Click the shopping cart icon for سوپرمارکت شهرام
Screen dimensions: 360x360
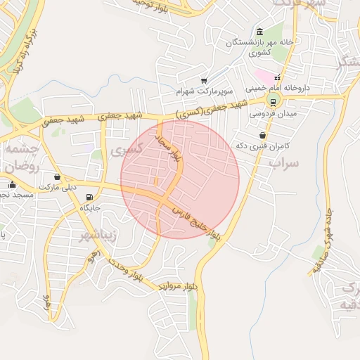204,81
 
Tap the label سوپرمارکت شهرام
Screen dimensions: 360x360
204,91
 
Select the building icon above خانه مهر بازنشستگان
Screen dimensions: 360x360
260,32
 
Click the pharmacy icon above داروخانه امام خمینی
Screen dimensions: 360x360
277,77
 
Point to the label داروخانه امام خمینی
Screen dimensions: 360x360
277,89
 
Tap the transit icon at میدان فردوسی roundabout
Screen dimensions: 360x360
273,101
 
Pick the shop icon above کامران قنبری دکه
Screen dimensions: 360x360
262,135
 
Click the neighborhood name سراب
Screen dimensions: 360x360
284,162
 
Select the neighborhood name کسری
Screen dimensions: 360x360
128,148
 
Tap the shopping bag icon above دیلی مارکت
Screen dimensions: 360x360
56,176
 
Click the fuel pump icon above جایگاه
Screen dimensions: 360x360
89,198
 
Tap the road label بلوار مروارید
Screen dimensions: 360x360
178,286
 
